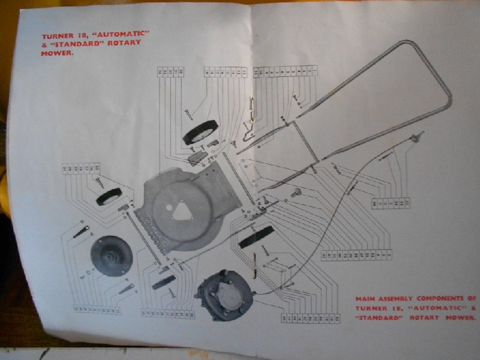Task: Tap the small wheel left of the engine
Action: point(164,281)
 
